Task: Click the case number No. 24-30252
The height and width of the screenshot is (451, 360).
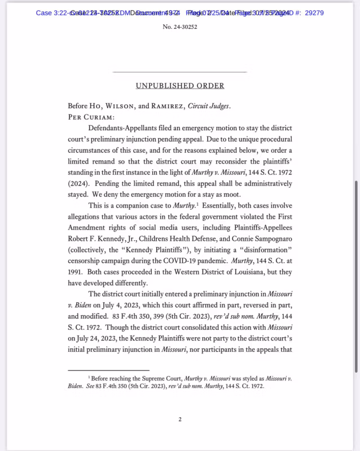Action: coord(179,26)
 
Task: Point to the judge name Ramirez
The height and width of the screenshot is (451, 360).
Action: coord(171,107)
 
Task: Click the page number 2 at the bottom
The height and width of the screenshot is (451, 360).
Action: coord(179,419)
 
